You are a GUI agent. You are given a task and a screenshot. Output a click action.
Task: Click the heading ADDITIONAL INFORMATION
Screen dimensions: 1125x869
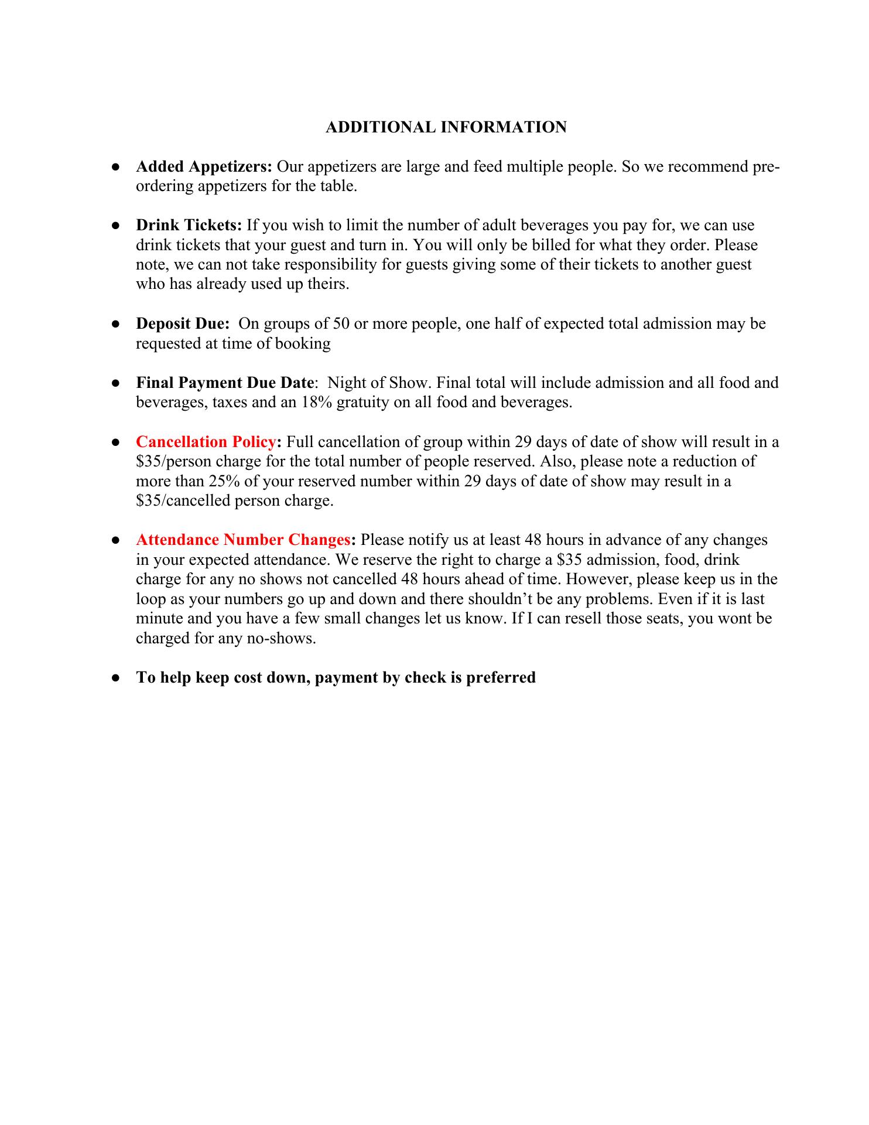(x=446, y=127)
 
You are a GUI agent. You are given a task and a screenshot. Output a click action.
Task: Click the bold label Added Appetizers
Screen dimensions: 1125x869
(x=204, y=167)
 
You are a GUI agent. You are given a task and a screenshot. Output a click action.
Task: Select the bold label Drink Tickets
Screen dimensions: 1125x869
(x=189, y=226)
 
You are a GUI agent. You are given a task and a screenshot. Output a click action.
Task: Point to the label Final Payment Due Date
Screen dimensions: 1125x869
(x=225, y=383)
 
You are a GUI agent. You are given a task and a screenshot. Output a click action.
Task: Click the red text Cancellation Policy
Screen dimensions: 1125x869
(x=206, y=442)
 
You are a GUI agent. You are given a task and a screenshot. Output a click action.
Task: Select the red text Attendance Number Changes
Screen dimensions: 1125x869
(x=243, y=540)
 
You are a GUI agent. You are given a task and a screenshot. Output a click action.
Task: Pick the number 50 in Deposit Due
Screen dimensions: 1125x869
(x=341, y=324)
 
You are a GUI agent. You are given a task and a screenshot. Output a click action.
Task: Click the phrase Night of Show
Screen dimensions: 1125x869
(x=379, y=383)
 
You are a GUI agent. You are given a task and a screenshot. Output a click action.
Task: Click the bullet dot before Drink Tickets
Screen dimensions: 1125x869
(x=116, y=226)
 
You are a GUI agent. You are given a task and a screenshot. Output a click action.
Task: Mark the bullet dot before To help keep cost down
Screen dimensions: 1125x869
(x=116, y=678)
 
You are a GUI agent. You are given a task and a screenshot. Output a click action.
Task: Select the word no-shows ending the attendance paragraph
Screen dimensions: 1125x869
(x=287, y=638)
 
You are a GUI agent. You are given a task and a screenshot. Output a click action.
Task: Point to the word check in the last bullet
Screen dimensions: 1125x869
(x=426, y=678)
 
